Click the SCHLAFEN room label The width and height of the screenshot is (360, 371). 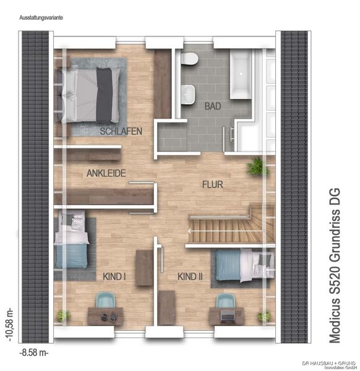pyautogui.click(x=121, y=131)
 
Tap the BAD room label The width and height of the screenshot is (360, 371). pyautogui.click(x=212, y=106)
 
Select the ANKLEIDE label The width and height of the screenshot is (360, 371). pyautogui.click(x=106, y=174)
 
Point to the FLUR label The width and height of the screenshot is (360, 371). pyautogui.click(x=212, y=184)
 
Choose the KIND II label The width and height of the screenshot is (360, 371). pyautogui.click(x=190, y=276)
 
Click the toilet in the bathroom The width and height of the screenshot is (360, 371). pyautogui.click(x=191, y=60)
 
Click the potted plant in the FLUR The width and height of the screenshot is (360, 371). pyautogui.click(x=254, y=166)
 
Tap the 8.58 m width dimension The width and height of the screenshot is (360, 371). pyautogui.click(x=35, y=354)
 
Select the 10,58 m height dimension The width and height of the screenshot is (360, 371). pyautogui.click(x=9, y=322)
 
